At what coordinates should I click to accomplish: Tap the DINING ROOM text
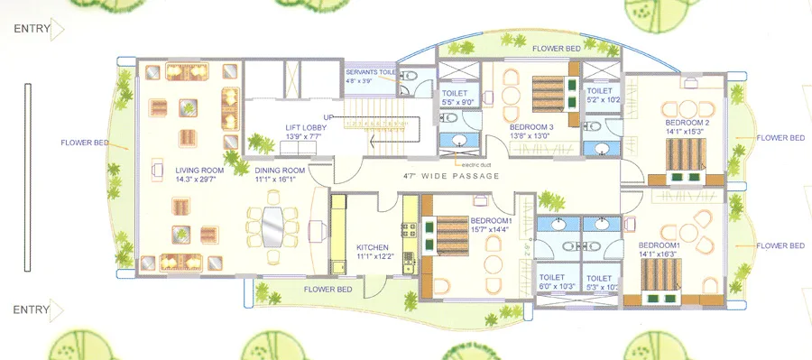[x=280, y=169]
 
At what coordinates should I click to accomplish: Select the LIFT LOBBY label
[x=306, y=128]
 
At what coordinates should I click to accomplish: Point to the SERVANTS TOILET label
[x=370, y=71]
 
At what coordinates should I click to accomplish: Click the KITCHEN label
[x=372, y=246]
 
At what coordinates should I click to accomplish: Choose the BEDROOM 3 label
[x=531, y=127]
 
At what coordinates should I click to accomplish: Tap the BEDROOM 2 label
[x=687, y=122]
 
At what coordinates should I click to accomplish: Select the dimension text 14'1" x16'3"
[x=662, y=255]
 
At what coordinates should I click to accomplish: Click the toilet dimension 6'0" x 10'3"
[x=557, y=287]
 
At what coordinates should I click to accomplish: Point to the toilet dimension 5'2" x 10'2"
[x=601, y=100]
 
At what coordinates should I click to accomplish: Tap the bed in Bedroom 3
[x=547, y=93]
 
